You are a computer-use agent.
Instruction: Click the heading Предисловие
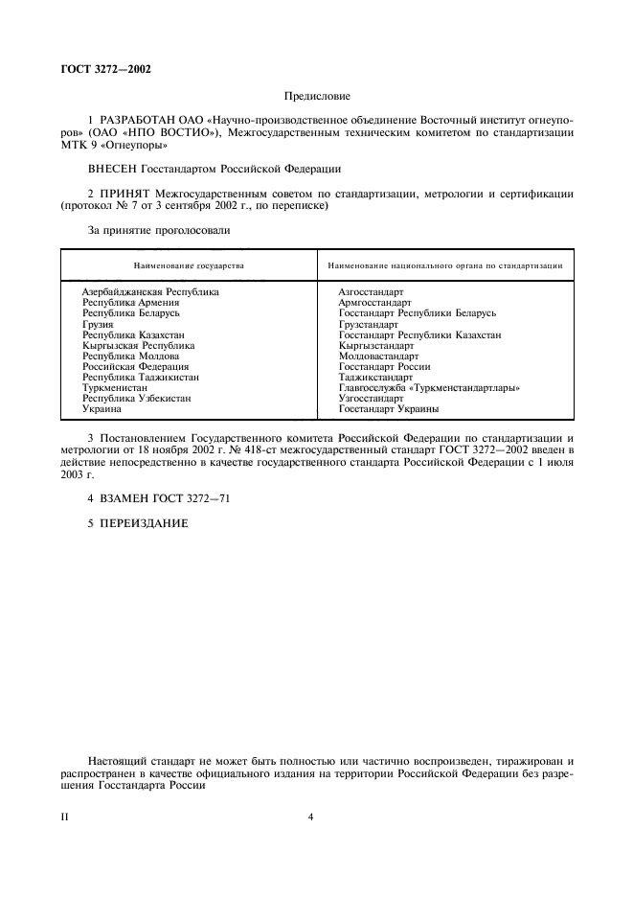click(x=317, y=96)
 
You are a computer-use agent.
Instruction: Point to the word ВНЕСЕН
click(x=112, y=169)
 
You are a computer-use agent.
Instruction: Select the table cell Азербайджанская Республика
click(x=150, y=291)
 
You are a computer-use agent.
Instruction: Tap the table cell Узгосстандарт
click(x=372, y=399)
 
